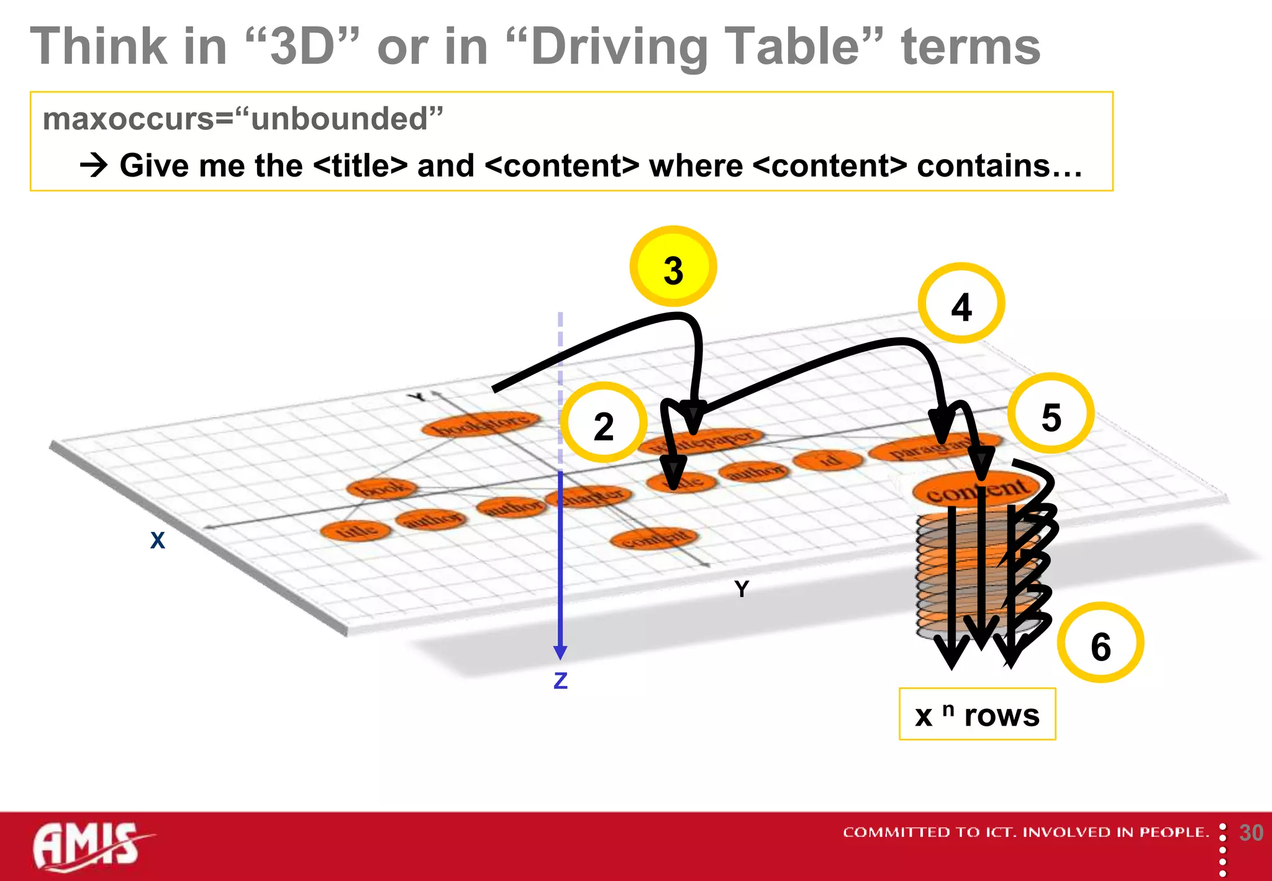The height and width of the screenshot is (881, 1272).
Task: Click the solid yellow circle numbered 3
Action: pyautogui.click(x=673, y=267)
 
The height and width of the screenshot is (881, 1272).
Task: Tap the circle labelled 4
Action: pyautogui.click(x=961, y=304)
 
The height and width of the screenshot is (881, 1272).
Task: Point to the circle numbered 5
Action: pyautogui.click(x=1050, y=414)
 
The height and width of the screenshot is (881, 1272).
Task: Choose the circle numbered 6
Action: pyautogui.click(x=1101, y=643)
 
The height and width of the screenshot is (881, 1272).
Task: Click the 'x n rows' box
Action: pyautogui.click(x=977, y=714)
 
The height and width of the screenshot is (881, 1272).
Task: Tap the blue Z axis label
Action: pyautogui.click(x=560, y=681)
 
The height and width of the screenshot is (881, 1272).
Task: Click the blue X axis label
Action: pyautogui.click(x=158, y=540)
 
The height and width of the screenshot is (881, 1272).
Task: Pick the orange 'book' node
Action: pyautogui.click(x=381, y=488)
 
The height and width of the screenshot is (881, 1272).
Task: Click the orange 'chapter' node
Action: pyautogui.click(x=589, y=496)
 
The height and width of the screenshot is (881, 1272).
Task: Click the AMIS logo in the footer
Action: pyautogui.click(x=87, y=845)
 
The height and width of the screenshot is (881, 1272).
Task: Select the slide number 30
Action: pyautogui.click(x=1251, y=833)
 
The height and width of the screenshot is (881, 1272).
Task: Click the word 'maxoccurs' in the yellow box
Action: pyautogui.click(x=127, y=119)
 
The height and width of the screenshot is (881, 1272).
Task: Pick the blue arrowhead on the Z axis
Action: pyautogui.click(x=560, y=652)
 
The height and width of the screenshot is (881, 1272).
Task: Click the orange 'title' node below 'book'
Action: pyautogui.click(x=356, y=530)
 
